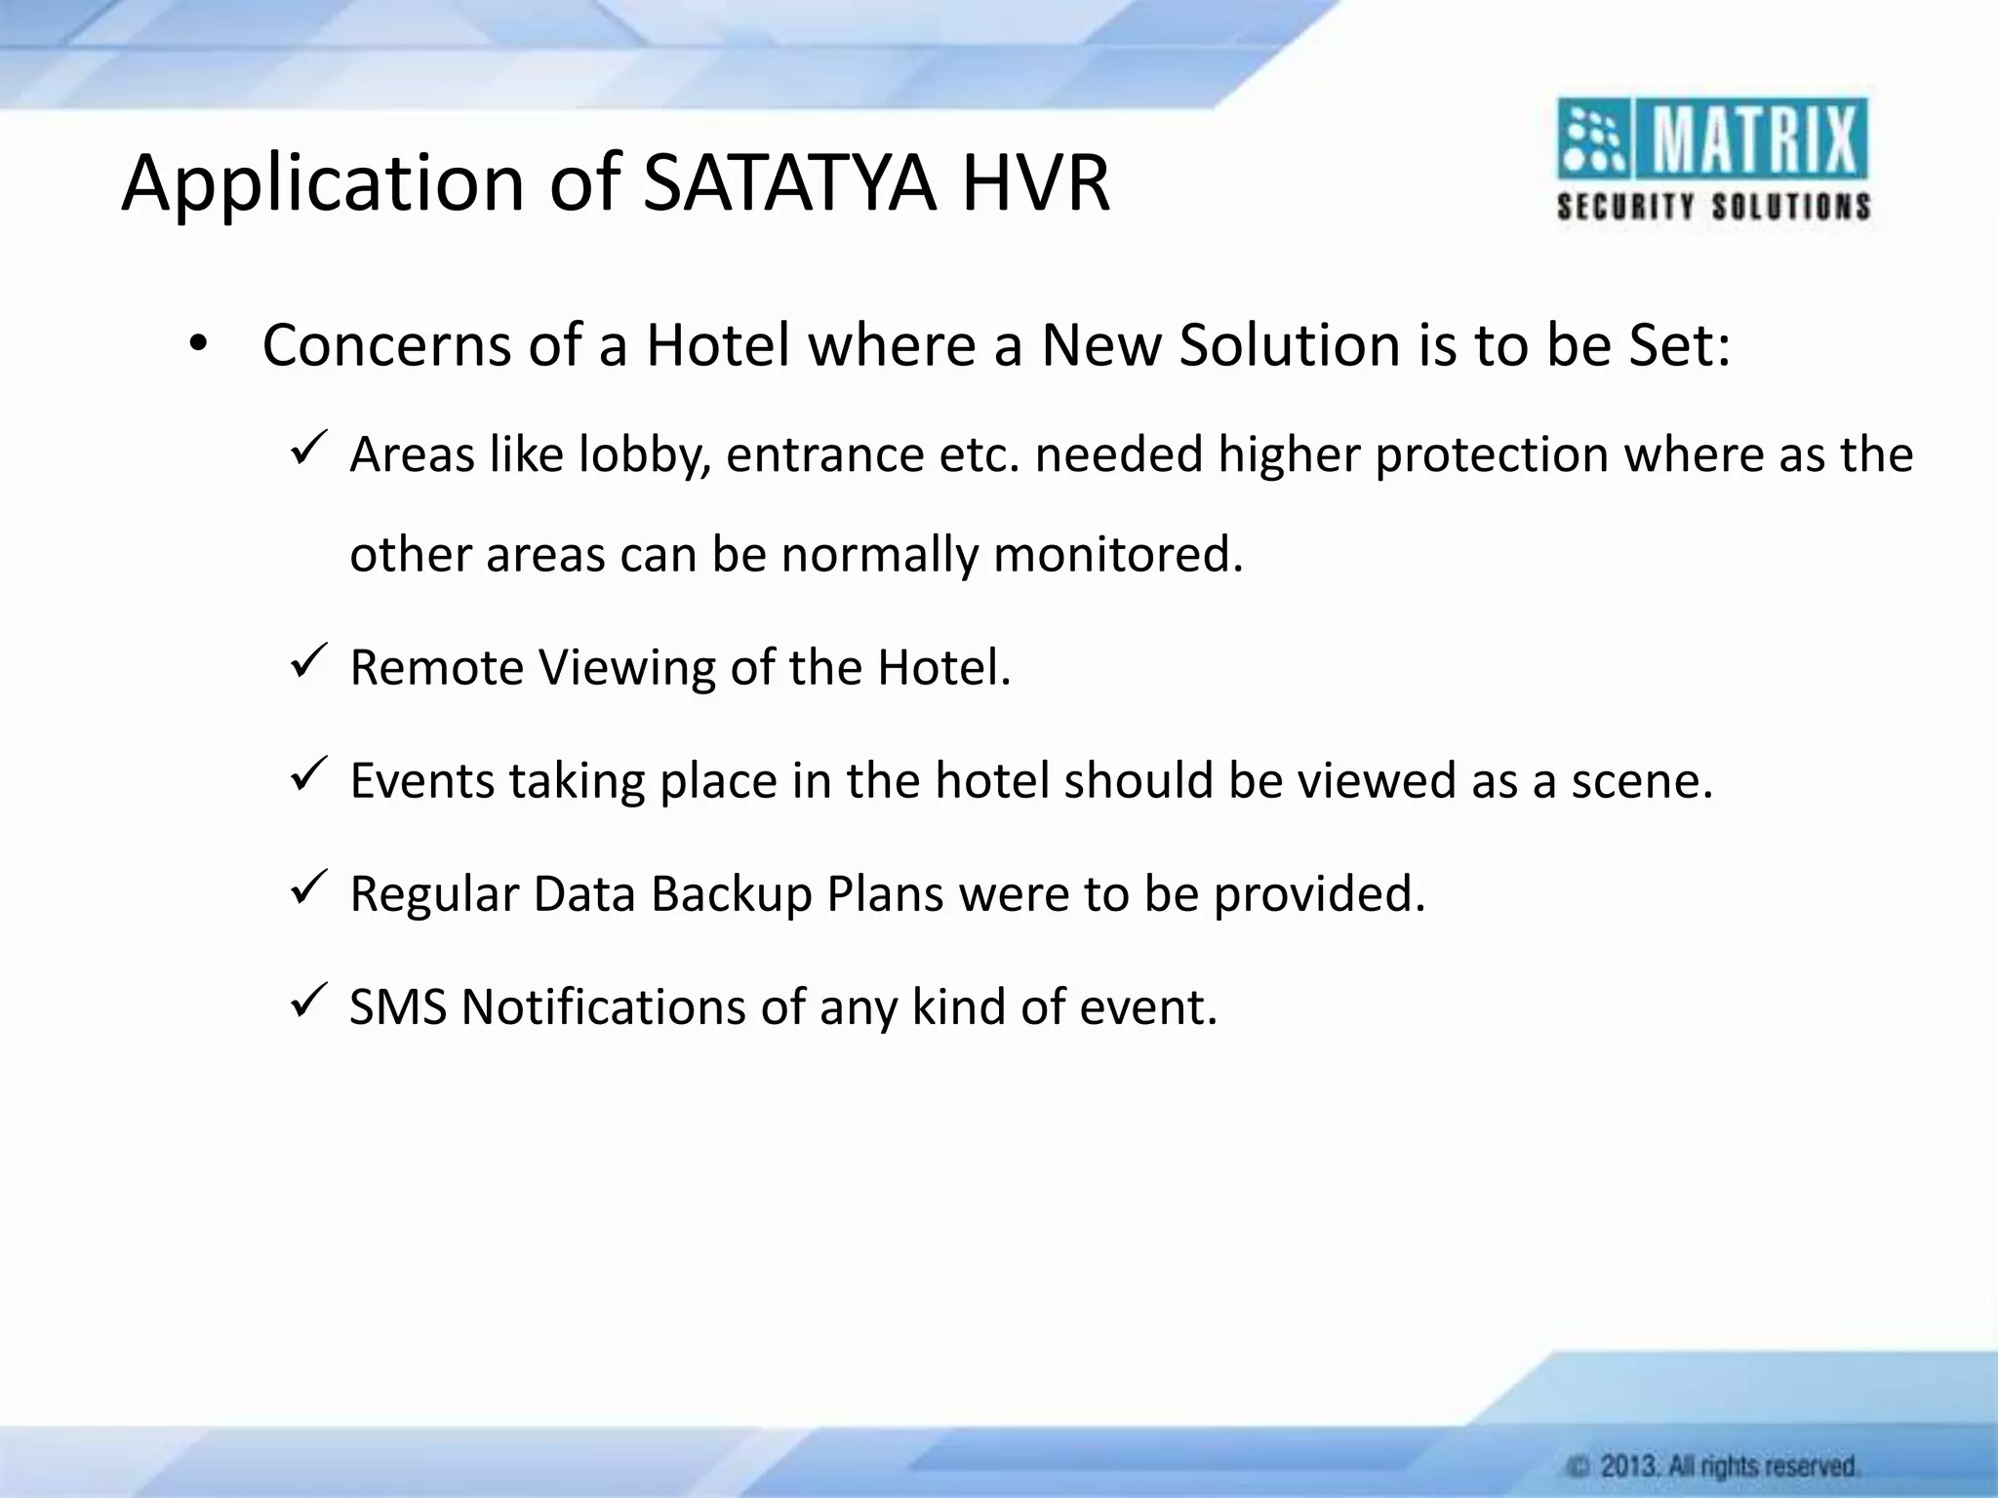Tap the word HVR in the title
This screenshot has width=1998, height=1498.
1035,183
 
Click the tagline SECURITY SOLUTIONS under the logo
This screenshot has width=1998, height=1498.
1713,207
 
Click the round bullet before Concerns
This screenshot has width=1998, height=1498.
199,345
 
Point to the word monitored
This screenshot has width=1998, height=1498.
1118,555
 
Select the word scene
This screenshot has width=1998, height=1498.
1641,781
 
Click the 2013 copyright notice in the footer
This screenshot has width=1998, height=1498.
1713,1467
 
